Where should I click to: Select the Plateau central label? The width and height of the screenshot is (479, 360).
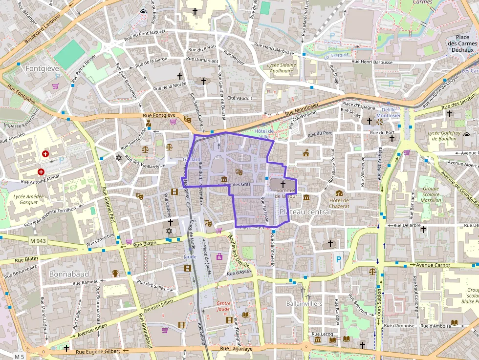click(x=305, y=212)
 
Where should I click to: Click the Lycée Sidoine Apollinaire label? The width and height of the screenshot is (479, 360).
click(x=282, y=67)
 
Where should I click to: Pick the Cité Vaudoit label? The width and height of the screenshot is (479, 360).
click(x=239, y=98)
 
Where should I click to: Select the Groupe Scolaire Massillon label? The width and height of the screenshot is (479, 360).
click(x=431, y=194)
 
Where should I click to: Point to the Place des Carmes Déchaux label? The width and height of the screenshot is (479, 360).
click(x=462, y=43)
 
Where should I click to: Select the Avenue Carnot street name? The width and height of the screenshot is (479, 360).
click(x=433, y=265)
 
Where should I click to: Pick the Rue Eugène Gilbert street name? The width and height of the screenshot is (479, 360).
click(x=97, y=352)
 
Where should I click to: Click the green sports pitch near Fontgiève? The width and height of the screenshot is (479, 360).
click(x=69, y=54)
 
